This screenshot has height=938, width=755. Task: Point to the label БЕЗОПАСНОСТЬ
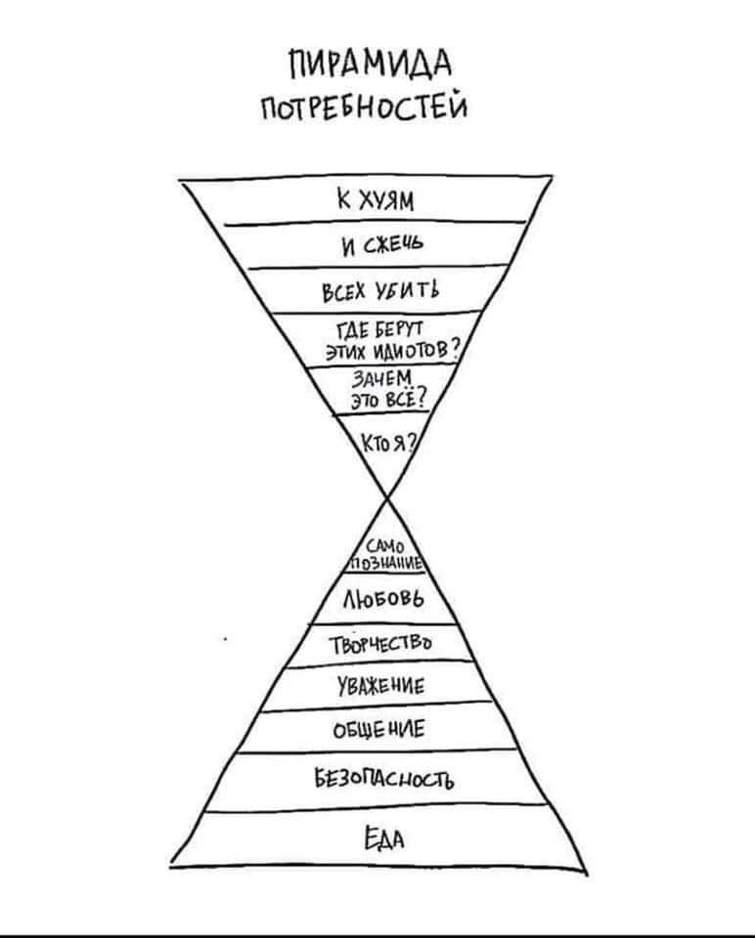[383, 778]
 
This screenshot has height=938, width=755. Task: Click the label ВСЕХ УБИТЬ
[382, 291]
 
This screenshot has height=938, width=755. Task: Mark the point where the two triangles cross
[384, 498]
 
